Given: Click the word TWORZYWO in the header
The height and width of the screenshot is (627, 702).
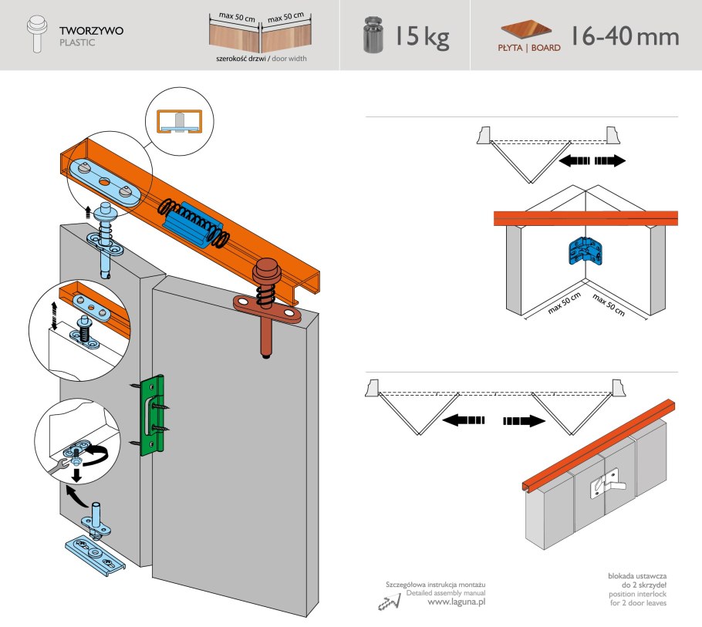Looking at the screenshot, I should pos(92,31).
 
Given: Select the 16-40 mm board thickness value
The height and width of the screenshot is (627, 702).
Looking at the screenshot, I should pos(624,35).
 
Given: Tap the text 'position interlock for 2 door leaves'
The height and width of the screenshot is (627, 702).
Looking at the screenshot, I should pos(636,598).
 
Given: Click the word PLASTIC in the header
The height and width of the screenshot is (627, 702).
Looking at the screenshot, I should pos(77,43).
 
